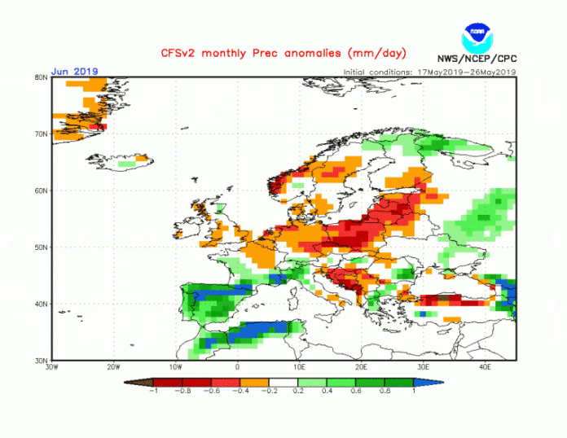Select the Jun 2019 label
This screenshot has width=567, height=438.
click(74, 71)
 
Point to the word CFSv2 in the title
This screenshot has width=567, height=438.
click(200, 53)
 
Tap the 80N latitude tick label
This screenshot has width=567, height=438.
click(40, 77)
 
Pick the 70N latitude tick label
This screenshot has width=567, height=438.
click(40, 134)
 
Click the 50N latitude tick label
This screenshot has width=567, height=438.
click(40, 247)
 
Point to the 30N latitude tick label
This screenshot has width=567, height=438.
click(40, 360)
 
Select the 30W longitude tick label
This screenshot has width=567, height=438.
click(51, 368)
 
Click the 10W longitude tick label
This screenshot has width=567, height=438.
click(175, 368)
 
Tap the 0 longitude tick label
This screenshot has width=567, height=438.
click(237, 368)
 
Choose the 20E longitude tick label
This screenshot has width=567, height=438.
click(361, 368)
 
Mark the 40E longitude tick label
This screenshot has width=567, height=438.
click(485, 368)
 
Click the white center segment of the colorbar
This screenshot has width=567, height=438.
click(283, 381)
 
